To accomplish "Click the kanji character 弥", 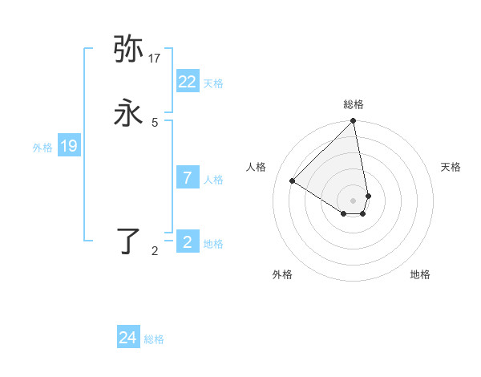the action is (x=129, y=50).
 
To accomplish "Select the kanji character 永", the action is (x=129, y=113).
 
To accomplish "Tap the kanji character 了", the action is (x=129, y=241).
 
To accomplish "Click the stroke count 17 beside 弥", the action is (x=155, y=59).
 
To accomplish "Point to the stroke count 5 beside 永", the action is (x=155, y=122).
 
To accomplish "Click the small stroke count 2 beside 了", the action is (x=155, y=251).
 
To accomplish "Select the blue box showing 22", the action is (x=188, y=82).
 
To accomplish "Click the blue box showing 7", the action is (x=188, y=178).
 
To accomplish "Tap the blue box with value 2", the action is (x=188, y=242).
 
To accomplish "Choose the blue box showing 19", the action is (x=69, y=146).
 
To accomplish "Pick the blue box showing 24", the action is (x=128, y=338).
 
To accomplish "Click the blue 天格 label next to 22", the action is (x=213, y=83).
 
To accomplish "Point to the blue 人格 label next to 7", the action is (x=213, y=180).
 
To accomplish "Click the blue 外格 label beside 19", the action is (x=42, y=148).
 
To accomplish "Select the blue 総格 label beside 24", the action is (x=154, y=339).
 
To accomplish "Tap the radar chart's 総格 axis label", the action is (x=354, y=104).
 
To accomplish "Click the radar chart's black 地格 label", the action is (x=420, y=275).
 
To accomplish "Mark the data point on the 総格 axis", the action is (x=354, y=122).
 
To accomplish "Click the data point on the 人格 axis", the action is (x=293, y=181).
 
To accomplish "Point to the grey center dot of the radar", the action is (x=354, y=201).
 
